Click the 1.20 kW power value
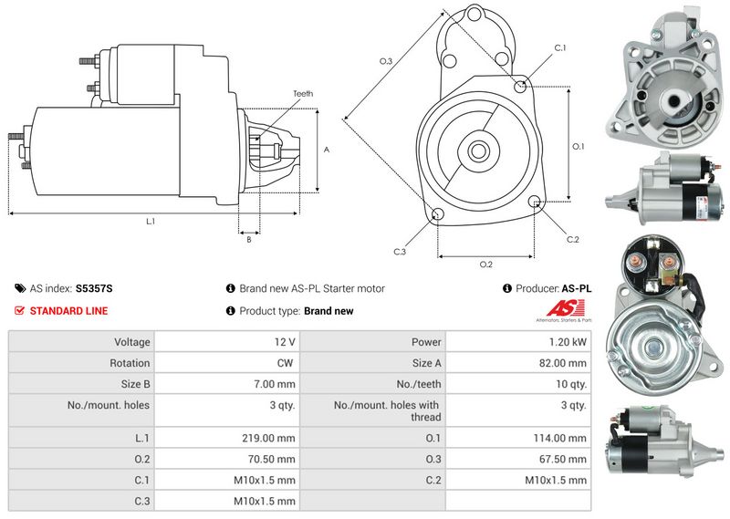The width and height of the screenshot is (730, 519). (x=568, y=342)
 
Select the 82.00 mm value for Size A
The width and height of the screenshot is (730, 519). (x=562, y=363)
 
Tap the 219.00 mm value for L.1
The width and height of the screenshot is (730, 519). (x=268, y=438)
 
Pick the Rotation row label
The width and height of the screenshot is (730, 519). (x=130, y=363)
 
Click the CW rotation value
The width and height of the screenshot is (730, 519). (x=285, y=363)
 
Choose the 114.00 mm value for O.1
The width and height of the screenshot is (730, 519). (x=560, y=438)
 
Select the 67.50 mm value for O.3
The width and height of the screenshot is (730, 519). (x=562, y=460)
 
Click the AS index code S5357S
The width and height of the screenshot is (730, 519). (x=94, y=288)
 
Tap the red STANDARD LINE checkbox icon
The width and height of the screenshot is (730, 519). (x=19, y=310)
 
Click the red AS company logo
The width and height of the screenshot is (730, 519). (x=565, y=308)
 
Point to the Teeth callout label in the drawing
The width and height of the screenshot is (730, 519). (x=303, y=94)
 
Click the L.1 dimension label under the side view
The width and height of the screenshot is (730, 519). (x=151, y=222)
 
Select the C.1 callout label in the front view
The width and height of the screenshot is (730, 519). (x=560, y=48)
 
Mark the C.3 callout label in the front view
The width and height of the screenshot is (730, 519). (x=400, y=252)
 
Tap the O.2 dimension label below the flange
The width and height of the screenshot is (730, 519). (x=486, y=265)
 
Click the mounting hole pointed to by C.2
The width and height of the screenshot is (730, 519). (x=535, y=201)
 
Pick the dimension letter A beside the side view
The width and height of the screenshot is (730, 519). (x=327, y=150)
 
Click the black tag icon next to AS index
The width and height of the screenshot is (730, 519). (x=20, y=288)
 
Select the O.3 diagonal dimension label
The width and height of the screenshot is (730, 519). (x=386, y=61)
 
